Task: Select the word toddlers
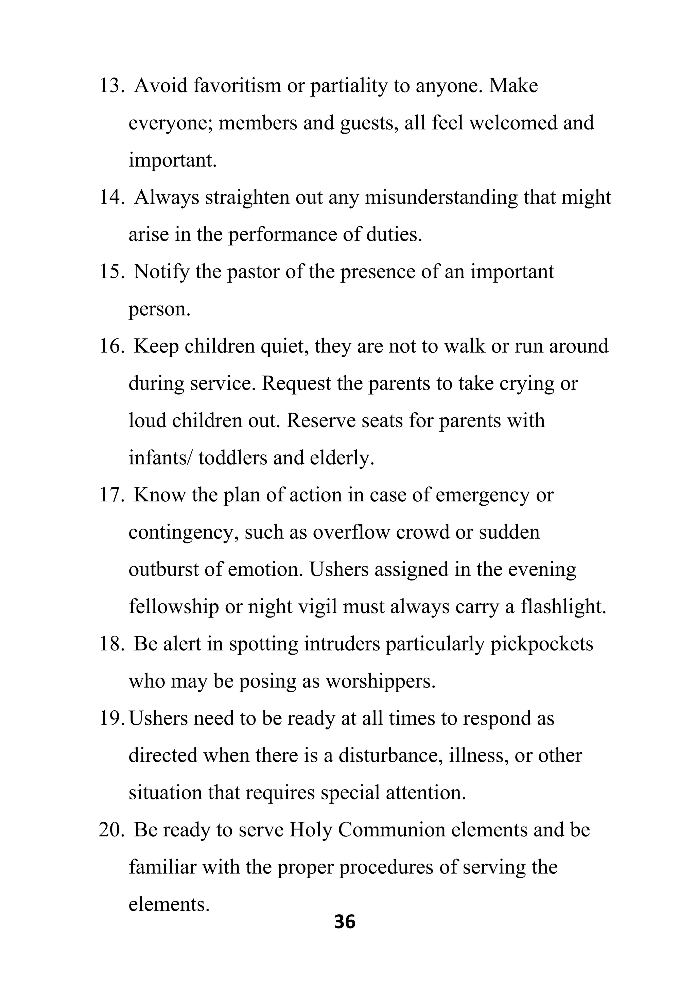233,458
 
